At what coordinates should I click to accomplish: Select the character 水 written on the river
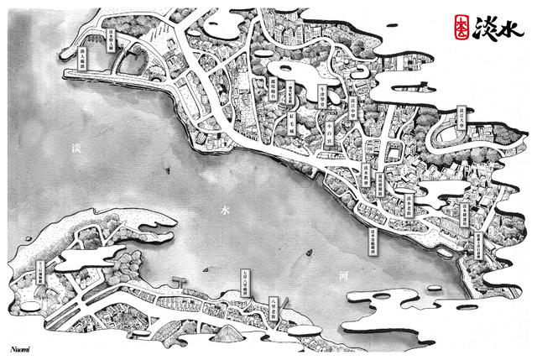(224, 208)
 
